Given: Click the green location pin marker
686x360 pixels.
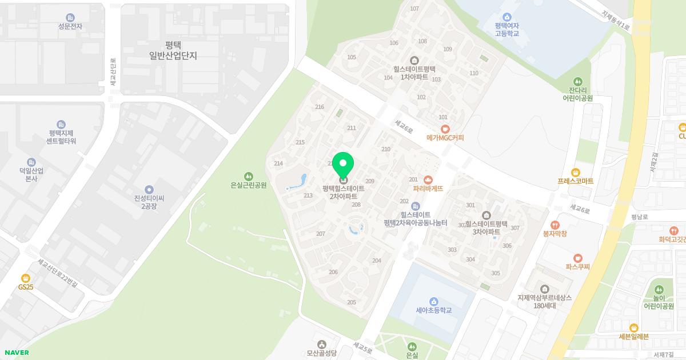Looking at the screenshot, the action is [x=343, y=166].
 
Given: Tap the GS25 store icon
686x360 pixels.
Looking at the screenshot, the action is [x=26, y=278].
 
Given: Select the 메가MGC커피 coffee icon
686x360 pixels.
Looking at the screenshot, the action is [x=445, y=129].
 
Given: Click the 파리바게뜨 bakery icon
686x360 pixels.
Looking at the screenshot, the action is [x=428, y=179].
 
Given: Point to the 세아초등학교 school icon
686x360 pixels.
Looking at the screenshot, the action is [x=434, y=302].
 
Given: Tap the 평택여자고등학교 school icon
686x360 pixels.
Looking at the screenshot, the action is [x=507, y=17].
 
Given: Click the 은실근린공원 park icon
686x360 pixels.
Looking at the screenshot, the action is [x=248, y=176].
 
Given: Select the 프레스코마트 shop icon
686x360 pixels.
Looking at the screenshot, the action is [x=576, y=173].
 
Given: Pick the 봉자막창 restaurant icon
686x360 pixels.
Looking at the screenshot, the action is [x=555, y=225].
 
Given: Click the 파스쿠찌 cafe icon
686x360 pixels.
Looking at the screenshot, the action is [x=578, y=258].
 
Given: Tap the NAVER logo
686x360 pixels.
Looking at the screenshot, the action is [x=17, y=353].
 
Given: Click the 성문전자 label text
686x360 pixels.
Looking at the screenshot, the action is [x=70, y=26].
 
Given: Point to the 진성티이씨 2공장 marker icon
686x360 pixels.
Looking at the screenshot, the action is [x=149, y=190].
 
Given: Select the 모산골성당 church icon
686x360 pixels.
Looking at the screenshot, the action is [x=321, y=344].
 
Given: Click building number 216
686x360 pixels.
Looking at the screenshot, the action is [x=320, y=107].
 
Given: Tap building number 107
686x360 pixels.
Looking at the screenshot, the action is [x=414, y=9].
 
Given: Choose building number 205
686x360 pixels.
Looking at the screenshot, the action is [x=352, y=302].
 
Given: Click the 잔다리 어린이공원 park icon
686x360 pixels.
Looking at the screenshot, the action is [x=577, y=82].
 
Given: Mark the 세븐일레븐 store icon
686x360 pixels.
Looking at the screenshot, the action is [x=633, y=327].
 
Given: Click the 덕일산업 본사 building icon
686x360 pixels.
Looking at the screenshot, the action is [x=31, y=162].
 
